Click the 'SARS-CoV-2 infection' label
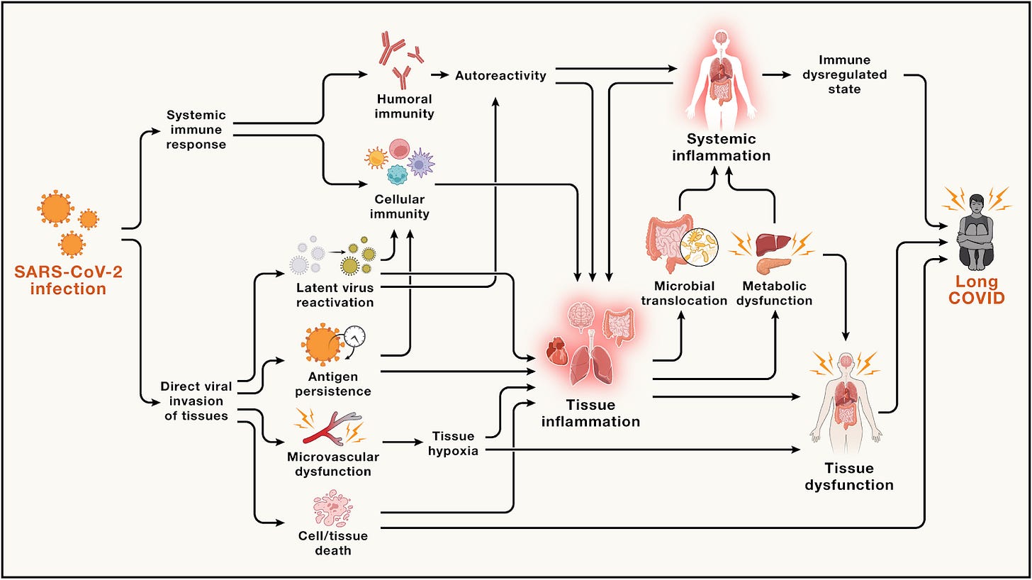[68, 280]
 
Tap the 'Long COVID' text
[976, 289]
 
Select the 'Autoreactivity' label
[501, 76]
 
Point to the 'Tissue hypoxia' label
[454, 444]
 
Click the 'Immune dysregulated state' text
[844, 74]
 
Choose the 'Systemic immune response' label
[196, 130]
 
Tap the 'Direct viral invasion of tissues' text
[196, 401]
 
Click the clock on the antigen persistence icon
[354, 337]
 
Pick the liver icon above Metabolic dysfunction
[773, 245]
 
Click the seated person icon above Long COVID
[976, 232]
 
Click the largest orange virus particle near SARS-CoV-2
[56, 208]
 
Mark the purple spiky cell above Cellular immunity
[420, 164]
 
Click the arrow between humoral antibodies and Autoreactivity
[440, 74]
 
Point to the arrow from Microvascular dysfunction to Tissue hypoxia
[403, 442]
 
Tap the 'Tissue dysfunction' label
[849, 476]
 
